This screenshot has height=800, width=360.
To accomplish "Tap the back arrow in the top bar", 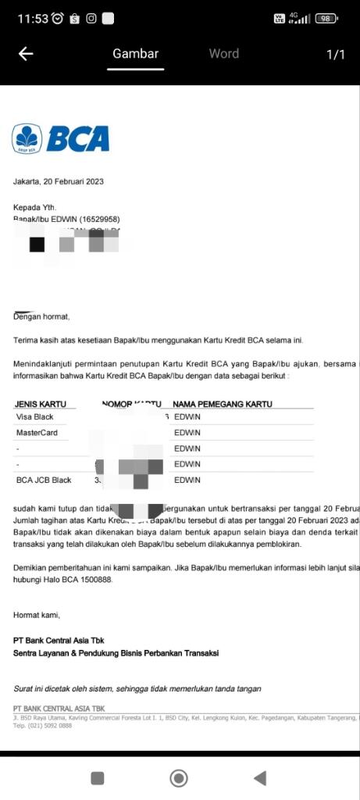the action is point(26,54).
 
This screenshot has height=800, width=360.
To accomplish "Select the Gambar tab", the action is point(135,54).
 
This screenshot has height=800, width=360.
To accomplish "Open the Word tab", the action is point(223,54).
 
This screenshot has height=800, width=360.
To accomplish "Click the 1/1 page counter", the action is point(335,54).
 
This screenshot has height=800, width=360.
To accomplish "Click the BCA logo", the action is point(60,138).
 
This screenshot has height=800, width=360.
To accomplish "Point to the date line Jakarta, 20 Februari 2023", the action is point(58,181).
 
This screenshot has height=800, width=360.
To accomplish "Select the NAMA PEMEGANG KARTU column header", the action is point(222,404).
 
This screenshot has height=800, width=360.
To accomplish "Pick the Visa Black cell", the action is point(35,417).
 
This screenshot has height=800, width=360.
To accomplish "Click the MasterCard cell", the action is point(37,433).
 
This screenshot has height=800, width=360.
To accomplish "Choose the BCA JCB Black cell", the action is point(44,480).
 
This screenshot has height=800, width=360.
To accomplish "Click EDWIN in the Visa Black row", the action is point(187,417).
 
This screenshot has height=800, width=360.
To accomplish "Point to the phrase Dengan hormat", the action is point(41,316).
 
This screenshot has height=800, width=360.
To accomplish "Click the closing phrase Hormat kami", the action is point(37,615).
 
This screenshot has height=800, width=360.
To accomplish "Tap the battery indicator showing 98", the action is point(326,19).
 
